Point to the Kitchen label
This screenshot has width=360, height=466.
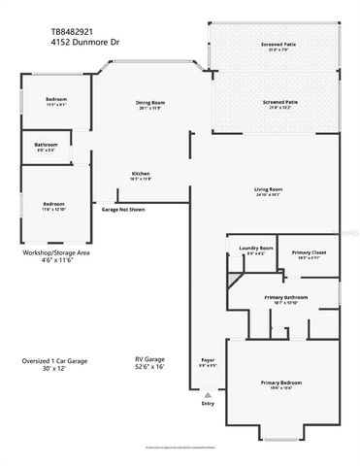click(142, 174)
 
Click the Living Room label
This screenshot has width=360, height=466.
click(268, 188)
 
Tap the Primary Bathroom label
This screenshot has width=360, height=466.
click(286, 297)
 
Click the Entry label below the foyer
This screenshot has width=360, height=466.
click(206, 403)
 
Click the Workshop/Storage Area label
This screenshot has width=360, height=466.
click(56, 251)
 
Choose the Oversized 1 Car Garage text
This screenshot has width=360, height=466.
click(55, 360)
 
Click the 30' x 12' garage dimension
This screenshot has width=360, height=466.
click(55, 369)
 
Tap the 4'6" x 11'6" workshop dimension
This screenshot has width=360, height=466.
click(56, 260)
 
